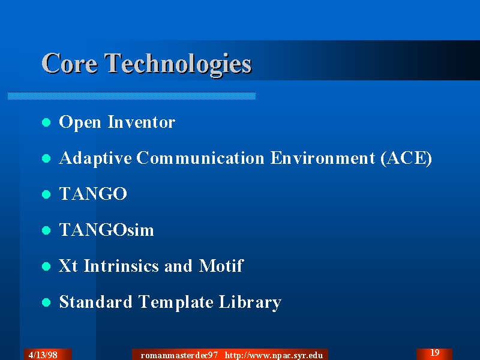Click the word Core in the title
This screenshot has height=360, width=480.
pos(70,64)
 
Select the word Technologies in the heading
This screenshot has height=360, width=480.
pos(178,65)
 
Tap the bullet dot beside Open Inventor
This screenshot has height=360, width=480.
pos(46,122)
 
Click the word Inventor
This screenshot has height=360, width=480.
pos(142,122)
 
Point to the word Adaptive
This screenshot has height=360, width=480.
pos(95,158)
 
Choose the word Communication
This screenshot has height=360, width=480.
pos(200,158)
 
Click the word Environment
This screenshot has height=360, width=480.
pos(323,158)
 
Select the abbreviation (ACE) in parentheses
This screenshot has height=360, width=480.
pos(406,158)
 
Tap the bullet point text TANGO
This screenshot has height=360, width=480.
pos(93,193)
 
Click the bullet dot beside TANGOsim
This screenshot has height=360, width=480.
pos(46,230)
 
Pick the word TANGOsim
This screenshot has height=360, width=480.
pos(107,230)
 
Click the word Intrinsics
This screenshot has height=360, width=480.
pos(121,266)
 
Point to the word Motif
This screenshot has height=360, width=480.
pos(221,265)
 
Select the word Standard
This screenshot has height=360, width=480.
pos(95,302)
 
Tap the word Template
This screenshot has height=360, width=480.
pos(176,302)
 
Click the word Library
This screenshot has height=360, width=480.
pos(250,302)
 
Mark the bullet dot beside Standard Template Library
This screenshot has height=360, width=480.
pos(46,302)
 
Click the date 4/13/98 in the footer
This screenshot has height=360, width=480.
pos(43,355)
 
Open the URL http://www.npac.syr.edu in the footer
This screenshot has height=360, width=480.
pos(274,355)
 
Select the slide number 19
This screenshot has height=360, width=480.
pos(434,353)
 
